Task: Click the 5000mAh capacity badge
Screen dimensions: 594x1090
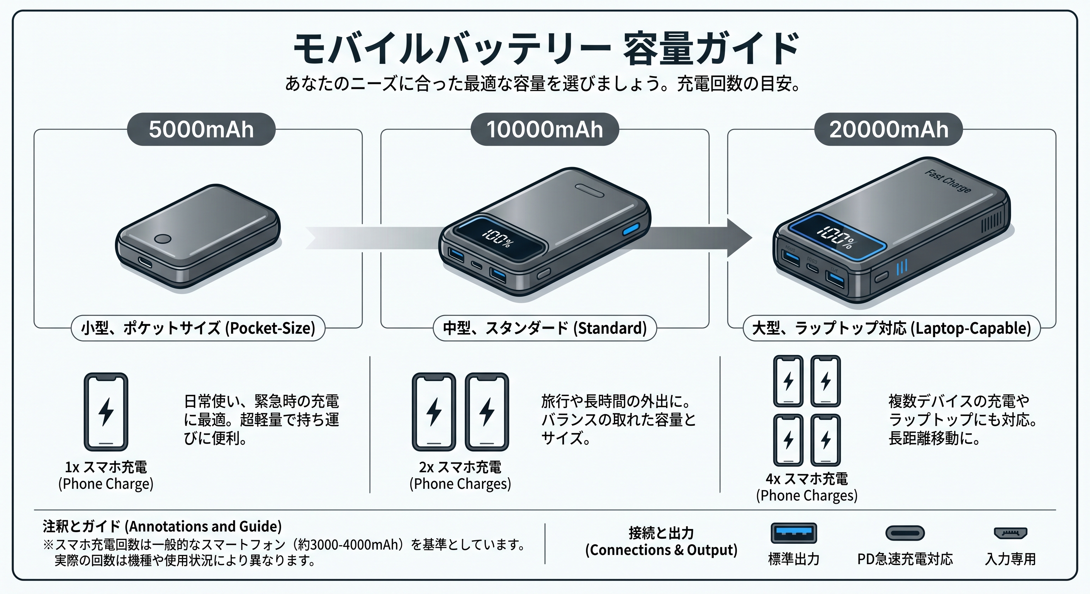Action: [201, 130]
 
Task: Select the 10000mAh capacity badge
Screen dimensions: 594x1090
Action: [545, 130]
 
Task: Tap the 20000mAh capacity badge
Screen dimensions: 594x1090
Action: [888, 130]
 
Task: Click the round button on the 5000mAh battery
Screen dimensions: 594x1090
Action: [163, 239]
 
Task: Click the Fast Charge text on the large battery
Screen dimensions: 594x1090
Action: [948, 181]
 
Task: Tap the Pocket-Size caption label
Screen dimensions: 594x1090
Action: [198, 328]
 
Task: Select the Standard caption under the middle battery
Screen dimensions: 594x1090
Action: [545, 328]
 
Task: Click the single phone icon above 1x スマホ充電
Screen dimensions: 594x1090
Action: [106, 411]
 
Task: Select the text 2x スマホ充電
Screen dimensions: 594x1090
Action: [460, 467]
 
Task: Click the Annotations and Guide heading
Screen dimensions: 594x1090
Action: [162, 526]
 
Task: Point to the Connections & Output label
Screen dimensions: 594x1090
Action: [661, 541]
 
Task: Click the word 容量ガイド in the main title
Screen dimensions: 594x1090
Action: [711, 49]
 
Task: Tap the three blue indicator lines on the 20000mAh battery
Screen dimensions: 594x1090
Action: [902, 267]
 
